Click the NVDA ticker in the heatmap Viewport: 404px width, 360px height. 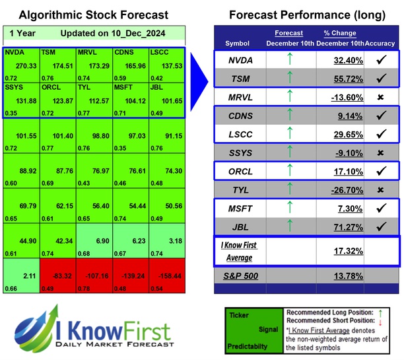15,51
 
